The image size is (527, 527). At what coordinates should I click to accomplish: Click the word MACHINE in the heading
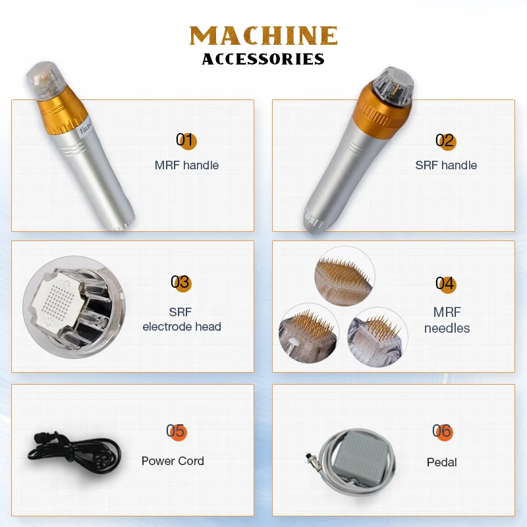pos(263,36)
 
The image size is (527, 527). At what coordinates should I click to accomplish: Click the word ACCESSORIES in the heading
pos(263,59)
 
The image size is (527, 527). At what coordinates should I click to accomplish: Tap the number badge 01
pos(186,140)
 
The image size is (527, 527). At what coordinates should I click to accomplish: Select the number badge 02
pos(445,140)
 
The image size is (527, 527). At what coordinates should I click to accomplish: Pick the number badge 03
pos(180,283)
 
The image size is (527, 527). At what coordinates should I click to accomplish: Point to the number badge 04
pos(446,284)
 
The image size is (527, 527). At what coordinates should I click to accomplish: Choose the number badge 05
pos(176,431)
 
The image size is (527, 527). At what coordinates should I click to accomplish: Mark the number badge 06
pos(442,431)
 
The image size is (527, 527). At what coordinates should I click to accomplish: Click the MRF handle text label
pos(186,165)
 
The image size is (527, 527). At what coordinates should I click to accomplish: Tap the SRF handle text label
pos(446,165)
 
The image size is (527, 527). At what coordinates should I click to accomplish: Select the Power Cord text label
pos(173,461)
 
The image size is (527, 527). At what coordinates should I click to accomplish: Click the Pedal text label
pos(441,462)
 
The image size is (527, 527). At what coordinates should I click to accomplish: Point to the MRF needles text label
pos(447,320)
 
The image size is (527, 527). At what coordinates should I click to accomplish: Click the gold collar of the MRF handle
pos(62,111)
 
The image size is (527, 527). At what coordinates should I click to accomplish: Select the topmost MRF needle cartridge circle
pos(345,276)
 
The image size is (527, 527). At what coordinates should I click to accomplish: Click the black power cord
pos(74,453)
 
